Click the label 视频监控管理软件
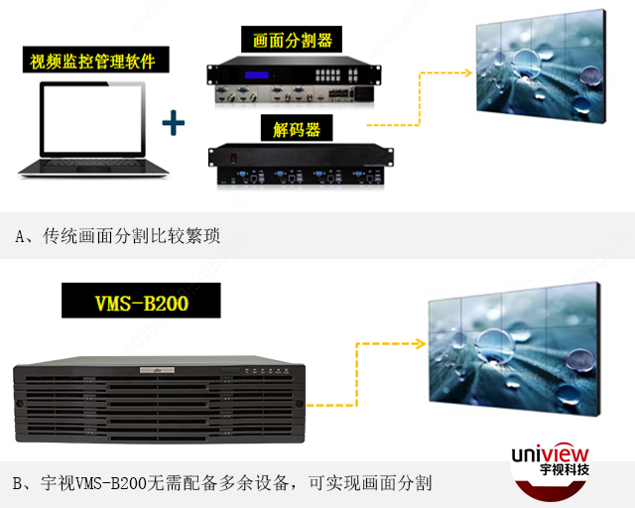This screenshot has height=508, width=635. coord(96,60)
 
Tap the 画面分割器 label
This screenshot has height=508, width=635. coord(292,40)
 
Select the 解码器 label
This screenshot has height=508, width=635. coord(297,128)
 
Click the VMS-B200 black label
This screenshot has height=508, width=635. coord(141,301)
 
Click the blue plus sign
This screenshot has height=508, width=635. coord(174,122)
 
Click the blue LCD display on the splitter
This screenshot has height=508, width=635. coord(256,75)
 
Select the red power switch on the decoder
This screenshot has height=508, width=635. coord(233,158)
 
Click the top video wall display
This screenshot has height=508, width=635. coord(542,65)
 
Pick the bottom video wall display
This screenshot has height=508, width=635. coord(514,348)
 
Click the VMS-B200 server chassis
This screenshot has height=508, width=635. coord(159,400)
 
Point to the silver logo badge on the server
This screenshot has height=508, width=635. coord(157,370)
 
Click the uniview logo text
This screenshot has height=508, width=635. coord(550,453)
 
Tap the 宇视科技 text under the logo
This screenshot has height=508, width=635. coord(565,469)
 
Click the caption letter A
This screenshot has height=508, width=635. coord(20,236)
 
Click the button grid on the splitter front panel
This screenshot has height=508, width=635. coord(336,75)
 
